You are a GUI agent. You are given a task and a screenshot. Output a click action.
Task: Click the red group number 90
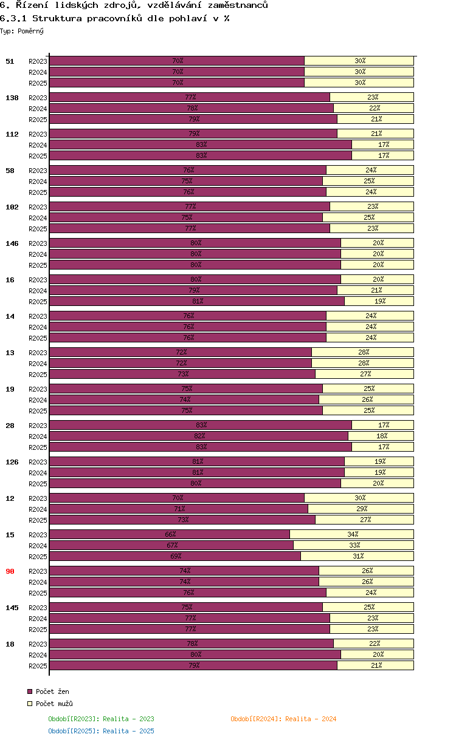(10, 571)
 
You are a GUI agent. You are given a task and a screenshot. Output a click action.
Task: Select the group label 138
(12, 98)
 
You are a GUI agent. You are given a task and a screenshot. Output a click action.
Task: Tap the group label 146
(12, 243)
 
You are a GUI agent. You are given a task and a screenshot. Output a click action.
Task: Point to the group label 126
(12, 462)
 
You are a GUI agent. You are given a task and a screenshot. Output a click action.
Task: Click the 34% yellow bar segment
(352, 534)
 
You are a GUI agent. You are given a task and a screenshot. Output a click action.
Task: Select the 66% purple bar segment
(170, 534)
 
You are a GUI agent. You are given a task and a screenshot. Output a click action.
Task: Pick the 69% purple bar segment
(175, 556)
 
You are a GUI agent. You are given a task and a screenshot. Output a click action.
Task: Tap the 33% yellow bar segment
(354, 545)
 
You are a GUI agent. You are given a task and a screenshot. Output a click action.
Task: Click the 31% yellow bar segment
(358, 556)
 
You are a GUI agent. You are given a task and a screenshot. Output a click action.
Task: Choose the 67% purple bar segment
(171, 545)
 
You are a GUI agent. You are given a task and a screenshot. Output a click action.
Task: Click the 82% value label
(199, 436)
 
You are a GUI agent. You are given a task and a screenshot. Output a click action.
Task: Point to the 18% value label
(382, 436)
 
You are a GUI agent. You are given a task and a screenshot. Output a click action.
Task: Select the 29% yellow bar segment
(361, 509)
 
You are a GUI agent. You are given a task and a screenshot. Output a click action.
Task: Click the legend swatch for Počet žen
(30, 691)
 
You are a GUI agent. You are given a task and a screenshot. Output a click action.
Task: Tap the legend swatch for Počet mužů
(30, 704)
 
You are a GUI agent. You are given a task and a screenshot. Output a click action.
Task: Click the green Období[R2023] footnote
(101, 719)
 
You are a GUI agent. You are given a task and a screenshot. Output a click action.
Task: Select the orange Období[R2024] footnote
(283, 719)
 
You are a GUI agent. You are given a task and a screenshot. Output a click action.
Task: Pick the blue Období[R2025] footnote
(101, 731)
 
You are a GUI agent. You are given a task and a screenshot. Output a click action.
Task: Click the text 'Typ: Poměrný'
(22, 31)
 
